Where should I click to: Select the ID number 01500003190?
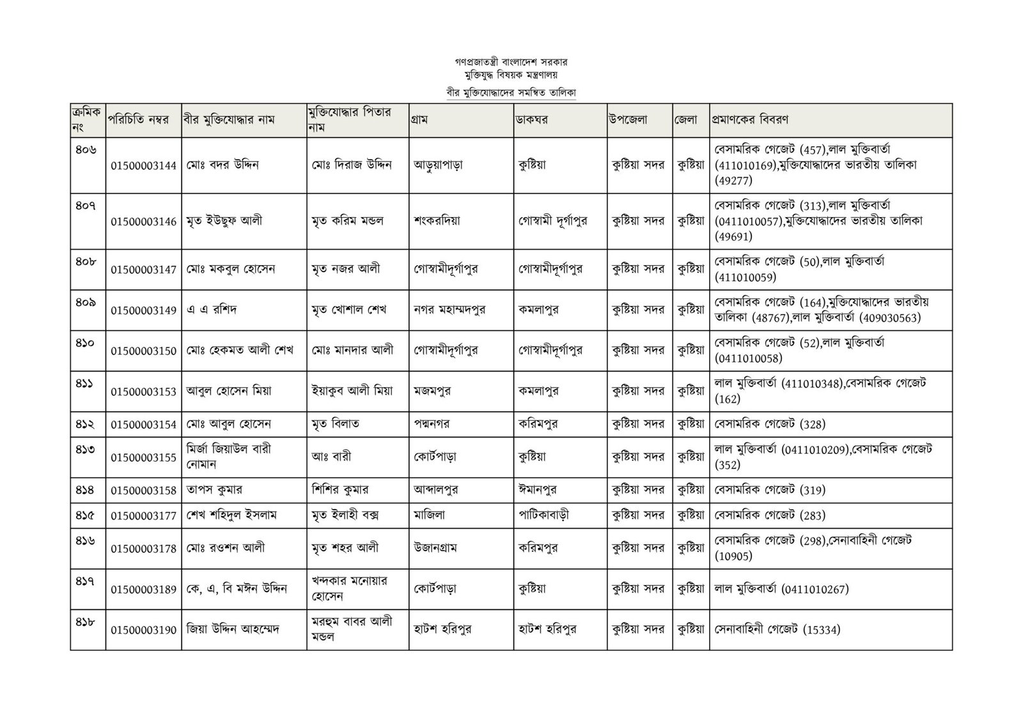click(143, 630)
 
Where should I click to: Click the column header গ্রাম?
click(421, 119)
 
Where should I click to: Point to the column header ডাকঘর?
click(533, 119)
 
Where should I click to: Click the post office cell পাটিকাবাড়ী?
click(543, 515)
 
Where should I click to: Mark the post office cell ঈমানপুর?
click(537, 490)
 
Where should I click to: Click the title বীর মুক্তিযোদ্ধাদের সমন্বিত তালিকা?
click(511, 92)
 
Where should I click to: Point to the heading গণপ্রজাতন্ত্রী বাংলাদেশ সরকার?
click(511, 63)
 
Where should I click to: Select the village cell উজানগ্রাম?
click(435, 547)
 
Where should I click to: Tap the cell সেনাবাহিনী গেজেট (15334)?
click(777, 630)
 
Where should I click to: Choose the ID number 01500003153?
click(143, 392)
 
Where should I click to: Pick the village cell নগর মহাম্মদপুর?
click(449, 310)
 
